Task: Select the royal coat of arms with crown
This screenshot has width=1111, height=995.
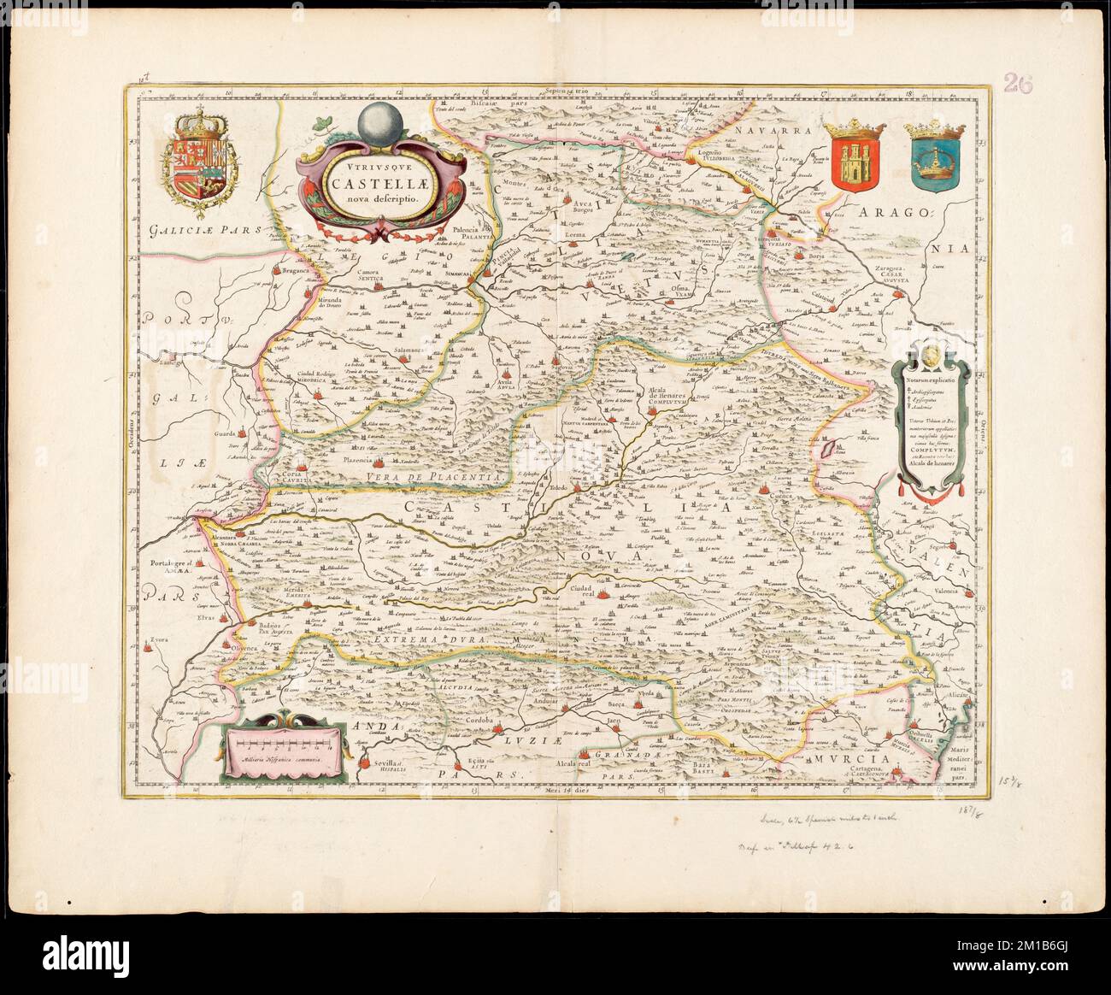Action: pyautogui.click(x=197, y=156)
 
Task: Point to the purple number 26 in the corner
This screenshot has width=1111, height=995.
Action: pyautogui.click(x=1018, y=83)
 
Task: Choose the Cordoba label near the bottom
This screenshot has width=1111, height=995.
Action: pyautogui.click(x=480, y=721)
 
